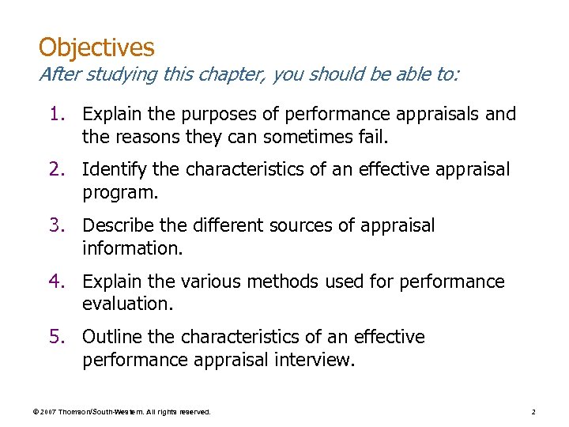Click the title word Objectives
[x=96, y=47]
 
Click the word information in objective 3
[x=131, y=248]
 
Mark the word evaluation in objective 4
[x=126, y=304]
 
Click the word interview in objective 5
[x=319, y=361]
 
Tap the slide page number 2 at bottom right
[x=533, y=412]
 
